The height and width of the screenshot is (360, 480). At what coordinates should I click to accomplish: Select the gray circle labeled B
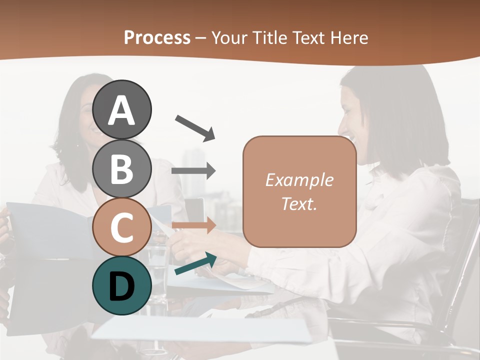click(122, 169)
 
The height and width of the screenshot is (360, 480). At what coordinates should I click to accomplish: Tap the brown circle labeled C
click(122, 227)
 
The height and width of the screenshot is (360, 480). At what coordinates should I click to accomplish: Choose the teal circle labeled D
click(122, 286)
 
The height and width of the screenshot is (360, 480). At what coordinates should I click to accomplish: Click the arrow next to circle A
click(195, 128)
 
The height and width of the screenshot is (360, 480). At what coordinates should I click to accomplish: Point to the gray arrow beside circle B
click(193, 171)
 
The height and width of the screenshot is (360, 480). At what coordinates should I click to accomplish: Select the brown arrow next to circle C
click(193, 225)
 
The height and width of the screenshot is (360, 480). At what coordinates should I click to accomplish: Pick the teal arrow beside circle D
click(195, 264)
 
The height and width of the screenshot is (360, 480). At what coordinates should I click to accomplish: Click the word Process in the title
click(157, 37)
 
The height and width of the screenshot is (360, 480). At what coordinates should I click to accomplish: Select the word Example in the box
click(299, 180)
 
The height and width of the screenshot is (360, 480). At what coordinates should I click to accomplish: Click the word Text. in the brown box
click(299, 203)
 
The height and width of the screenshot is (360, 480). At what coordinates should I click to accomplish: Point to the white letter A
click(122, 110)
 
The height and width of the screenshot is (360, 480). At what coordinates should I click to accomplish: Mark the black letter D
click(122, 286)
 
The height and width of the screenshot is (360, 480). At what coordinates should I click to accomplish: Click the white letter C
click(122, 228)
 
